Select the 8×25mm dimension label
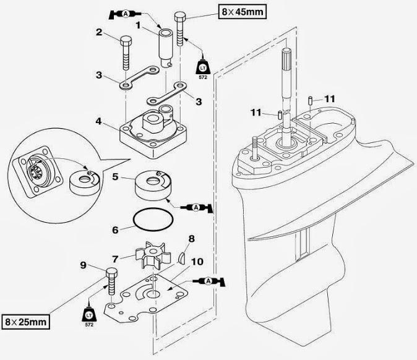(25, 321)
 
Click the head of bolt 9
(112, 273)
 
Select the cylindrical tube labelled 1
(166, 46)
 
